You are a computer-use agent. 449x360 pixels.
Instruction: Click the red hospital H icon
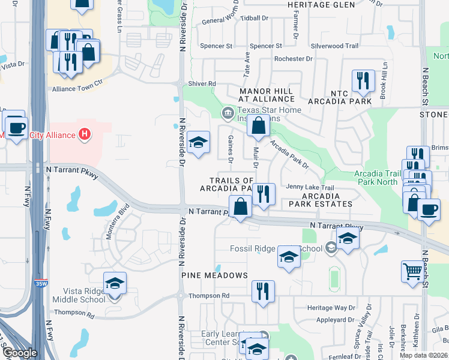click(85, 134)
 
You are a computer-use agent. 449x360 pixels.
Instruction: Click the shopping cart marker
click(412, 271)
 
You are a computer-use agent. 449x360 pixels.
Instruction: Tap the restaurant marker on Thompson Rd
click(263, 291)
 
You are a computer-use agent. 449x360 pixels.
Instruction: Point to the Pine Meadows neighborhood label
click(215, 275)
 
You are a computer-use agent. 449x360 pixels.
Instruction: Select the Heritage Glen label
click(313, 5)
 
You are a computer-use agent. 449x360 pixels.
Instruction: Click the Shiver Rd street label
click(201, 83)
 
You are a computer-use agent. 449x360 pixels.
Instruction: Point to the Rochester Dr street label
click(294, 59)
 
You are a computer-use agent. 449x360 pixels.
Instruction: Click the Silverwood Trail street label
click(334, 46)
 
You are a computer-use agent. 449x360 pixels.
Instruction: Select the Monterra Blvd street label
click(118, 222)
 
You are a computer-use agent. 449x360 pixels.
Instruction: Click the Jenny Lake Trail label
click(310, 187)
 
